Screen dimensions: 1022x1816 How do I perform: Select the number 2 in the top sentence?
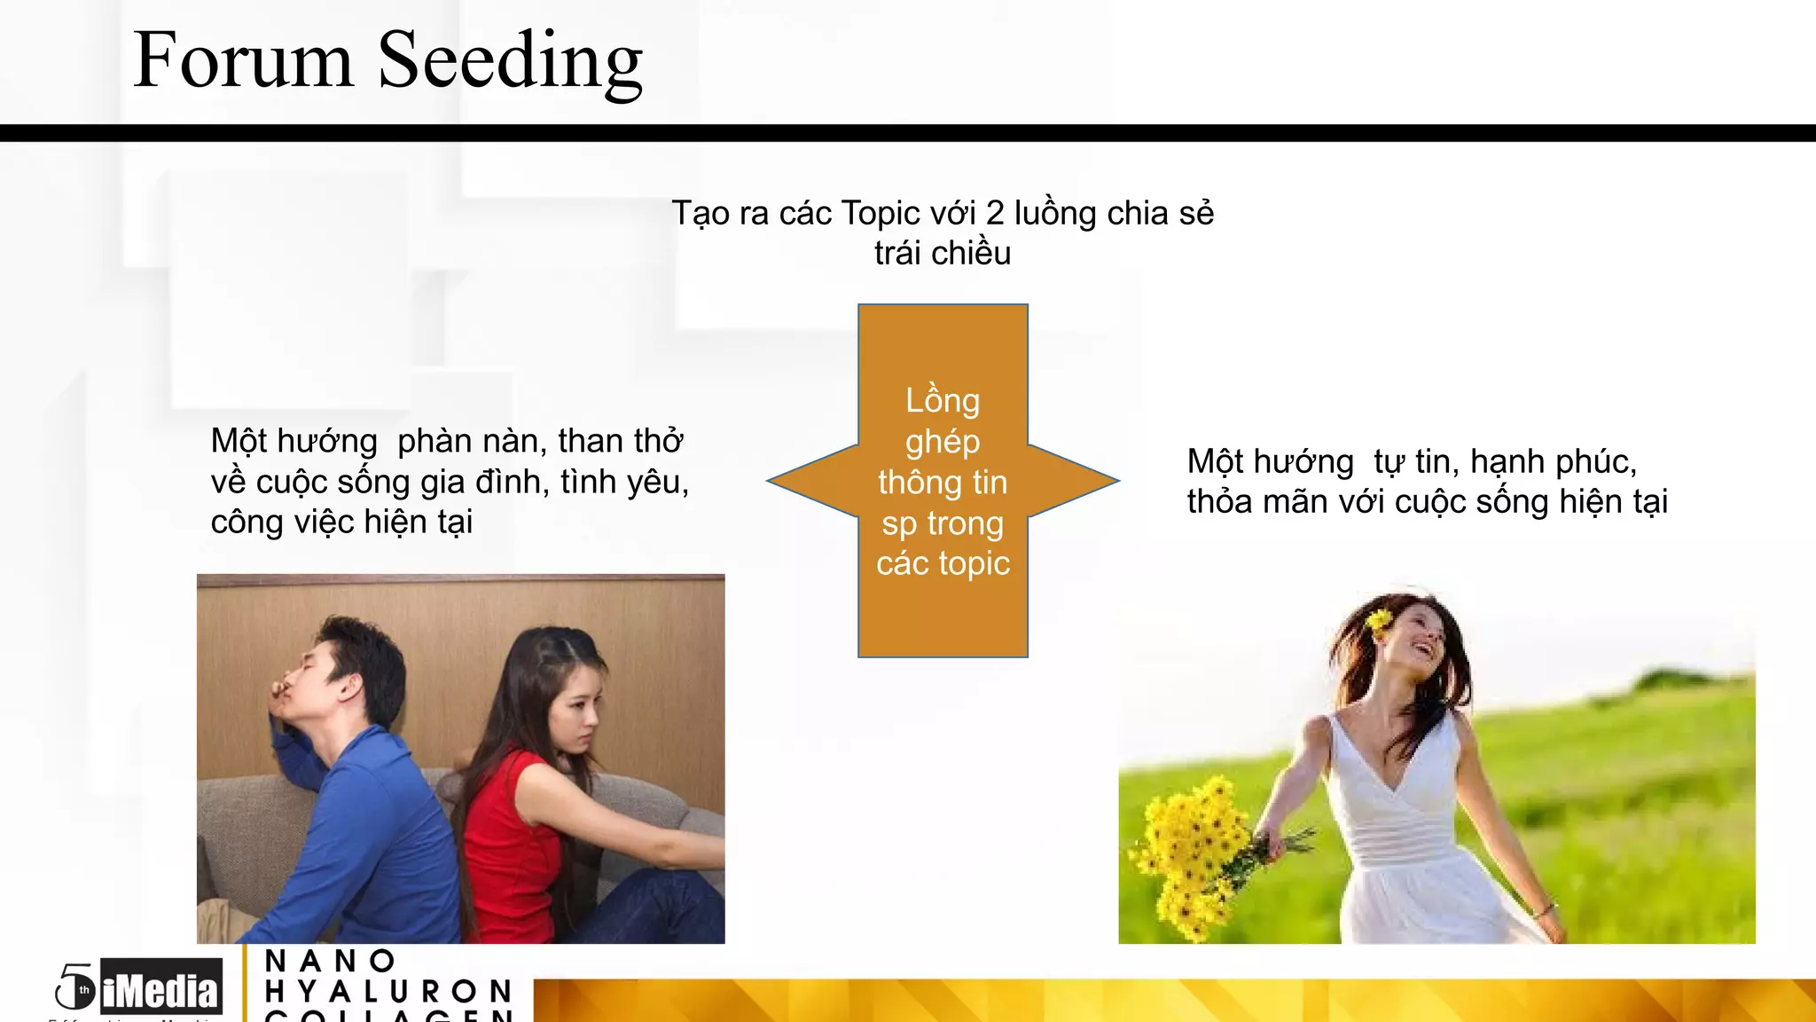pyautogui.click(x=995, y=214)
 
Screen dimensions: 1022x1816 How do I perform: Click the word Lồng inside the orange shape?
pyautogui.click(x=943, y=401)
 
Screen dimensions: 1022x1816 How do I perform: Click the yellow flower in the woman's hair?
pyautogui.click(x=1379, y=621)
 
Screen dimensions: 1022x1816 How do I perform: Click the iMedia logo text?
pyautogui.click(x=160, y=989)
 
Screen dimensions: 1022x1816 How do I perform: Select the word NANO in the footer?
pyautogui.click(x=330, y=961)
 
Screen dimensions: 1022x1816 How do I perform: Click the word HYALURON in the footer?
pyautogui.click(x=388, y=990)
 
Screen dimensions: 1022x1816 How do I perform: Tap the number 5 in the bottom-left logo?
pyautogui.click(x=75, y=985)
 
